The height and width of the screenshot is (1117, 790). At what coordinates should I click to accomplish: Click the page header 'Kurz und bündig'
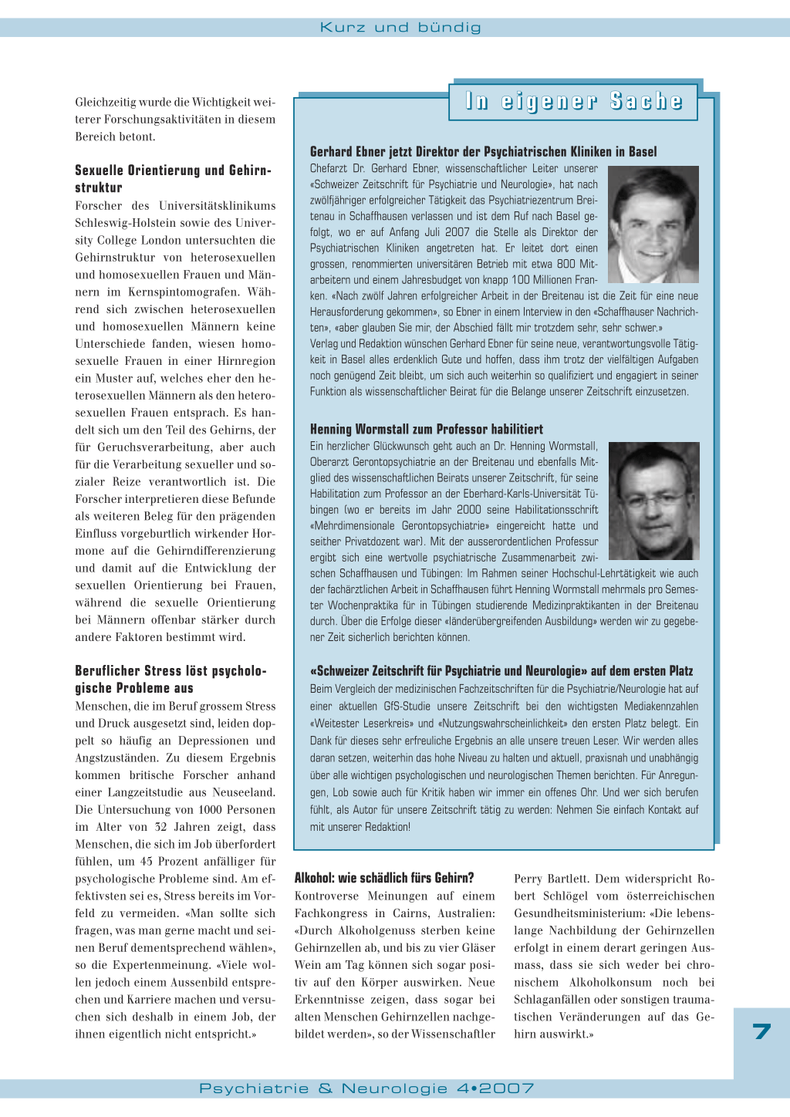[400, 28]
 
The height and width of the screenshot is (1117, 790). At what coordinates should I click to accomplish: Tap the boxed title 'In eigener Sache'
[574, 102]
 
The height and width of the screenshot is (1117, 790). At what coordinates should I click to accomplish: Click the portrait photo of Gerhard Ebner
[653, 224]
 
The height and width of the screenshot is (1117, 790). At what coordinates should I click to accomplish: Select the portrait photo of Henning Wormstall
[653, 501]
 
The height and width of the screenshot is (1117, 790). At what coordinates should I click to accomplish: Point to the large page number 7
[761, 1031]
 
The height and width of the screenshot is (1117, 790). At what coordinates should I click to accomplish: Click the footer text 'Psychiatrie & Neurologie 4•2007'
[366, 1088]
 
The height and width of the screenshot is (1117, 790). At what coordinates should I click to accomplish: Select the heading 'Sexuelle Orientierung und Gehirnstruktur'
[173, 178]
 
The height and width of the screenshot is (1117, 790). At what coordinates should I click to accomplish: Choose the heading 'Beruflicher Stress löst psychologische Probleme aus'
[170, 679]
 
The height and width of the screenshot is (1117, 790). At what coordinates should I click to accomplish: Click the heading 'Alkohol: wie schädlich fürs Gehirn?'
[384, 878]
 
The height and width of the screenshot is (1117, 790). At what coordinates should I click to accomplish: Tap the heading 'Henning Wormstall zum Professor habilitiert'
[427, 429]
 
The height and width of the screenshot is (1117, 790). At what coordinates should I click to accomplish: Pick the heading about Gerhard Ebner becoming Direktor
[484, 152]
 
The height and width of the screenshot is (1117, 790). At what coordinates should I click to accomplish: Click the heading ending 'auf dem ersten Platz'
[501, 671]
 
